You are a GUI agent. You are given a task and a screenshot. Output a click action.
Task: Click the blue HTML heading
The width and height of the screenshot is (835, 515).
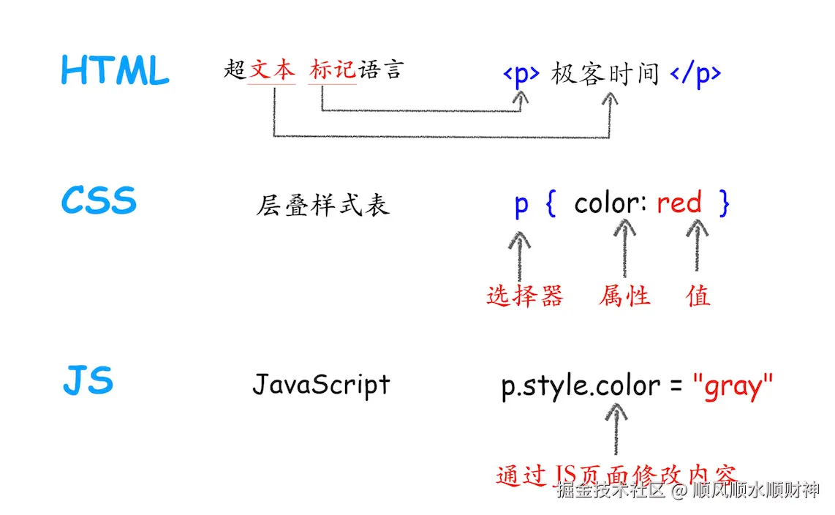tap(115, 70)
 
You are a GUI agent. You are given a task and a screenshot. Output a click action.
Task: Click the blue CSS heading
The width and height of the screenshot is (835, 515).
tap(99, 200)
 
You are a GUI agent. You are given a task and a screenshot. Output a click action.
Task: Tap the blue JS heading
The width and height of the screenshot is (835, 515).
tap(88, 381)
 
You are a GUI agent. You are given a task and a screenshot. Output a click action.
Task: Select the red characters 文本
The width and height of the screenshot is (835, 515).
tap(272, 70)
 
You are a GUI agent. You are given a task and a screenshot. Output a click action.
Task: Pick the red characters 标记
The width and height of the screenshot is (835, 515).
tap(333, 70)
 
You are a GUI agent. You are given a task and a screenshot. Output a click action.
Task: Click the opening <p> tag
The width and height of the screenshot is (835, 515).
tap(521, 74)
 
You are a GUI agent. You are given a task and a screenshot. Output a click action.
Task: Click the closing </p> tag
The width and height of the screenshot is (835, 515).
tap(695, 74)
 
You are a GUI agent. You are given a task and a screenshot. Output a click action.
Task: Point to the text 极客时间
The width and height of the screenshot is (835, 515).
tap(605, 74)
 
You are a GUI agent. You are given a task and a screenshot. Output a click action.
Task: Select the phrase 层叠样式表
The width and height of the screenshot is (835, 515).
tap(322, 206)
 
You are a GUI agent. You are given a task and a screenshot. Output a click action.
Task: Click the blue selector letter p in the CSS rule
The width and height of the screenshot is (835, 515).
tap(521, 204)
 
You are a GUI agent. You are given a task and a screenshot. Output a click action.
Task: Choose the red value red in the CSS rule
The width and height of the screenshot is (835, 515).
tap(679, 203)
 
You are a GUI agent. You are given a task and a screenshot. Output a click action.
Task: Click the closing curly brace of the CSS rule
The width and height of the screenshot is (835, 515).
tap(724, 203)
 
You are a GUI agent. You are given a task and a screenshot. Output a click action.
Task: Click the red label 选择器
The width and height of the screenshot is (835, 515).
tap(525, 296)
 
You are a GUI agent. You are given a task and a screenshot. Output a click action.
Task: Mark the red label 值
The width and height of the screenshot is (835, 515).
tap(698, 296)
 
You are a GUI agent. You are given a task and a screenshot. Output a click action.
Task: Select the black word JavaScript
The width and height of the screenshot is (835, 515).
tap(321, 384)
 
